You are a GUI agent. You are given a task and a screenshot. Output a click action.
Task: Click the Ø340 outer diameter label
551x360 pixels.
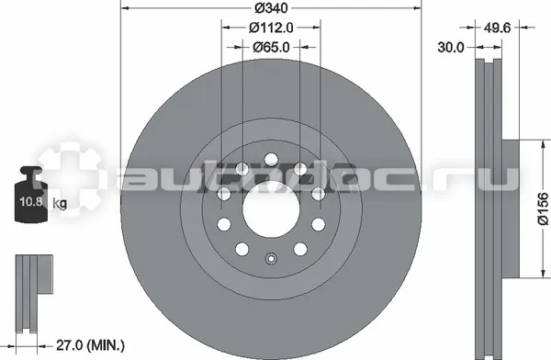pyautogui.click(x=271, y=7)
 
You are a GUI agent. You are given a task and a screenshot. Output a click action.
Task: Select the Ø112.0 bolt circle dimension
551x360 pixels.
pyautogui.click(x=271, y=28)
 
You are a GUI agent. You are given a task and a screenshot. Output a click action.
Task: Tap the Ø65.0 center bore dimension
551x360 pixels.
pyautogui.click(x=271, y=47)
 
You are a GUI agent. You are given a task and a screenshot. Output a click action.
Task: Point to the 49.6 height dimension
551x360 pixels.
pyautogui.click(x=497, y=28)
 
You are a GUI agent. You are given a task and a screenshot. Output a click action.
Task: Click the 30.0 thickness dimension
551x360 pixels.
pyautogui.click(x=451, y=47)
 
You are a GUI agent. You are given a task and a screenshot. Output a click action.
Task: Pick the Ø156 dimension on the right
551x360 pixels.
pyautogui.click(x=543, y=208)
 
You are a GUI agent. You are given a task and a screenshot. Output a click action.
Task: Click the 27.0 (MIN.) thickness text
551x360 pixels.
pyautogui.click(x=91, y=345)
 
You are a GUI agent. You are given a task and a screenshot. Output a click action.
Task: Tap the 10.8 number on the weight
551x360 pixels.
pyautogui.click(x=31, y=201)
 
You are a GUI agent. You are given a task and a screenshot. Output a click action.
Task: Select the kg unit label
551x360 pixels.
pyautogui.click(x=60, y=203)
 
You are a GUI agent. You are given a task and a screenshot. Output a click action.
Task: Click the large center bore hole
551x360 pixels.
pyautogui.click(x=271, y=209)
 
